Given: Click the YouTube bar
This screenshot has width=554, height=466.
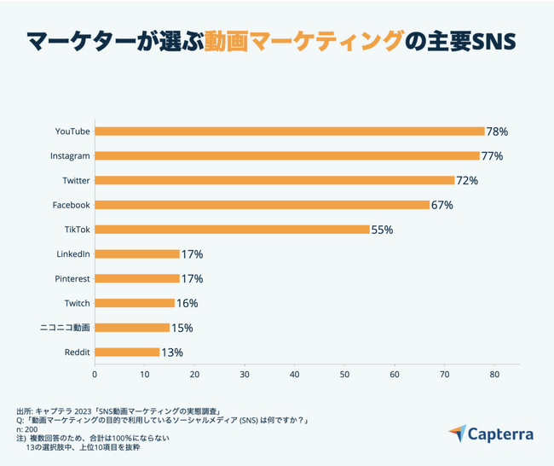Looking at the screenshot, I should pyautogui.click(x=290, y=131).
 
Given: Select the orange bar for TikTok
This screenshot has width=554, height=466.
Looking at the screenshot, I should pyautogui.click(x=232, y=230).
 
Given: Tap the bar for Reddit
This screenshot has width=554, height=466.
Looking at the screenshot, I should pyautogui.click(x=127, y=352).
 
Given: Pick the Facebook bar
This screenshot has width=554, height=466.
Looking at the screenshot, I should pyautogui.click(x=262, y=205).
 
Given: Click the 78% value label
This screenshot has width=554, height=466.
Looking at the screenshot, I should pyautogui.click(x=497, y=131).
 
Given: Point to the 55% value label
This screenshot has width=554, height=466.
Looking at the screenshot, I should pyautogui.click(x=382, y=230).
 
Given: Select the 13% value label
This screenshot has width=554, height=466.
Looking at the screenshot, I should pyautogui.click(x=172, y=352).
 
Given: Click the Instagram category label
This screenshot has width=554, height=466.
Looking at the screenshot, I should pyautogui.click(x=70, y=156).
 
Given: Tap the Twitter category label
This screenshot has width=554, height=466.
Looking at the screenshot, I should pyautogui.click(x=77, y=181).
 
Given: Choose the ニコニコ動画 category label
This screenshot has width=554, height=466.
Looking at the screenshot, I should pyautogui.click(x=65, y=328).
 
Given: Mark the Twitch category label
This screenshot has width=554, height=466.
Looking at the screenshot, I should pyautogui.click(x=77, y=303).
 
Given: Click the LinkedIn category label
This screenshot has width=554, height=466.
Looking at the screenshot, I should pyautogui.click(x=72, y=254).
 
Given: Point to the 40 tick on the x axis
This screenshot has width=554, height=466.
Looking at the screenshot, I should pyautogui.click(x=294, y=373).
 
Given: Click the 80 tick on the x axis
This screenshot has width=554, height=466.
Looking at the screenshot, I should pyautogui.click(x=494, y=373).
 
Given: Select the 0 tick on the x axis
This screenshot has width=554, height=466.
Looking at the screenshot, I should pyautogui.click(x=95, y=373).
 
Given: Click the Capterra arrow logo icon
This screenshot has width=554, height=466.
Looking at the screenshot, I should pyautogui.click(x=458, y=434).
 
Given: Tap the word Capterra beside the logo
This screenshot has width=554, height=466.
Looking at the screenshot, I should pyautogui.click(x=501, y=434).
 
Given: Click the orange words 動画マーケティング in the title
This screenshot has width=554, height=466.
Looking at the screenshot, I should pyautogui.click(x=303, y=40).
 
